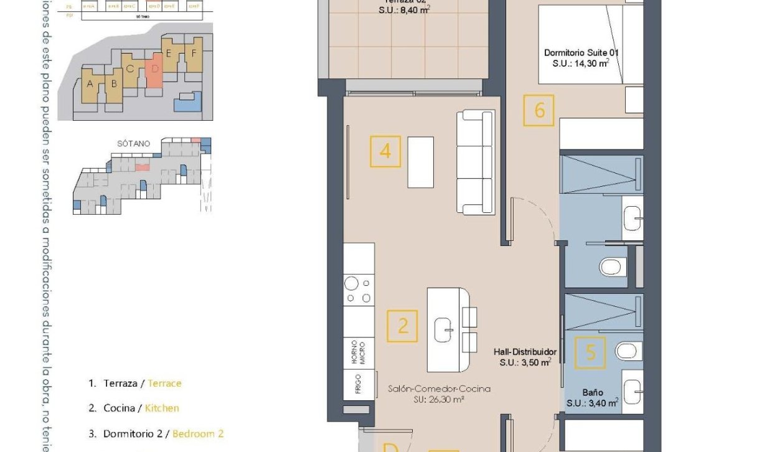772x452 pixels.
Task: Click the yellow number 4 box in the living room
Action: coord(385,151)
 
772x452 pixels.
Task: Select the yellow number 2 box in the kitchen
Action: coord(402,326)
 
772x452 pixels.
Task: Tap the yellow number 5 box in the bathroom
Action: coord(590,352)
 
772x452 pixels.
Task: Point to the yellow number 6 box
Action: coord(539,110)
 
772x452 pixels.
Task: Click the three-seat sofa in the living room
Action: coord(475,163)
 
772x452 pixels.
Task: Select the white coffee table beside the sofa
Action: coord(420,162)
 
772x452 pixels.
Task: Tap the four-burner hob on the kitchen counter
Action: coord(359,290)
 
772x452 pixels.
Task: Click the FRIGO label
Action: coord(359,385)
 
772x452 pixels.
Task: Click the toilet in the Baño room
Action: coord(628,351)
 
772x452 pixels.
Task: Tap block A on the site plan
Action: coord(90,85)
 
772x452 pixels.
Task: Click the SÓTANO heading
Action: coord(133,143)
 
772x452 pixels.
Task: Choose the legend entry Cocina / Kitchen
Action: coord(133,408)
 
